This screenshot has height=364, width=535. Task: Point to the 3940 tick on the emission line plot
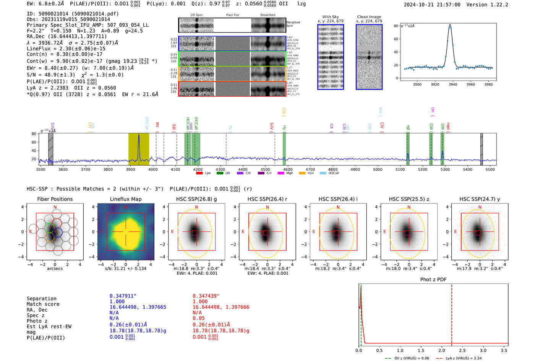453,84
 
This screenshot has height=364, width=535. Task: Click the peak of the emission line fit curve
450,25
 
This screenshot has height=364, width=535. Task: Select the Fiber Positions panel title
55,199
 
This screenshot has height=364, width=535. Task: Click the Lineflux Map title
126,199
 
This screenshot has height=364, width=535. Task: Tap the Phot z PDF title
433,280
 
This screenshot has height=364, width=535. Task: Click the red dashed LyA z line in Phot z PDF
452,313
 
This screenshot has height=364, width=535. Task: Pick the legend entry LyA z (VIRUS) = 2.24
464,358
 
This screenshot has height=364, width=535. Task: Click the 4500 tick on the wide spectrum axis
265,170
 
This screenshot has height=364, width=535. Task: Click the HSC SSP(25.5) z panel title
409,199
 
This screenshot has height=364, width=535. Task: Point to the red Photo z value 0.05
198,318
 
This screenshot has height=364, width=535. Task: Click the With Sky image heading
331,17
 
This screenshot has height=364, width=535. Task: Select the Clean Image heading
369,17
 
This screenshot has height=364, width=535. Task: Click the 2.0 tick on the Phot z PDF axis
442,350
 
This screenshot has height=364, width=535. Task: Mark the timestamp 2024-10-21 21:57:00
432,5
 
